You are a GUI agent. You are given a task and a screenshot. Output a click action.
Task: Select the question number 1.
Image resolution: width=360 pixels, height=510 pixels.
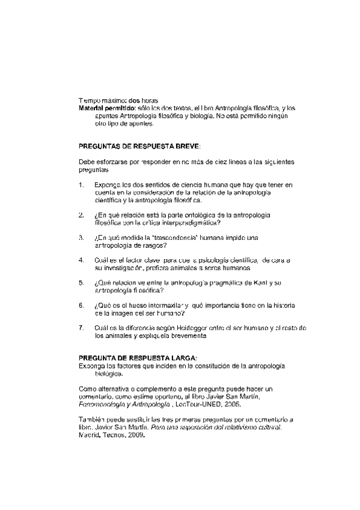point(81,184)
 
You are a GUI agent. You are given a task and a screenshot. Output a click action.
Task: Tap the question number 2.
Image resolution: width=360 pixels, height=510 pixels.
point(81,215)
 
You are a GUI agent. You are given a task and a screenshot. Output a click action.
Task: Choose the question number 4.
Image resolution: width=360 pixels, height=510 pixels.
point(81,260)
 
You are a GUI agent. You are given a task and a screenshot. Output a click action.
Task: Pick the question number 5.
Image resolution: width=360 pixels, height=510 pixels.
point(81,282)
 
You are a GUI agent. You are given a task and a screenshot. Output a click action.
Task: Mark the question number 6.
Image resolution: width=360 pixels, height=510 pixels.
point(81,305)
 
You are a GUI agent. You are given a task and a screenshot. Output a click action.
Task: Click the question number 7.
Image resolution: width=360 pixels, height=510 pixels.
point(81,328)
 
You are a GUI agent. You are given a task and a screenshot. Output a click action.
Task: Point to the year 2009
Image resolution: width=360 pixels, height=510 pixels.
point(135,435)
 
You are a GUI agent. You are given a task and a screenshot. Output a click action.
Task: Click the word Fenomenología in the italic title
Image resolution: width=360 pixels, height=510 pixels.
point(101,405)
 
